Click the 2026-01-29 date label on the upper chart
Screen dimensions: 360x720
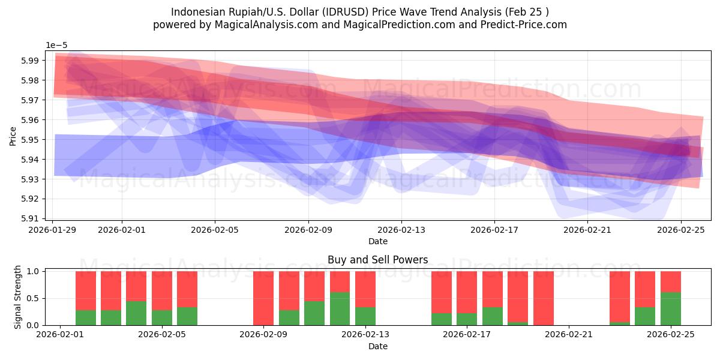pos(53,229)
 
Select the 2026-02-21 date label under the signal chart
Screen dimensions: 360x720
pos(568,335)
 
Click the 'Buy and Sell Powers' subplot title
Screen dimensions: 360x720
pos(377,260)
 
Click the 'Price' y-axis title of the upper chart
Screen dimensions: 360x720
pos(13,135)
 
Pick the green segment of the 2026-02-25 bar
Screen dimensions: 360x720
pos(670,309)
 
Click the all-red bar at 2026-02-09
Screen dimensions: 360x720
pos(263,298)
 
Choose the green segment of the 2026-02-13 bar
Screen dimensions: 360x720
pos(365,316)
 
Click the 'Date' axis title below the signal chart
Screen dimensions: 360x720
pos(377,346)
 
